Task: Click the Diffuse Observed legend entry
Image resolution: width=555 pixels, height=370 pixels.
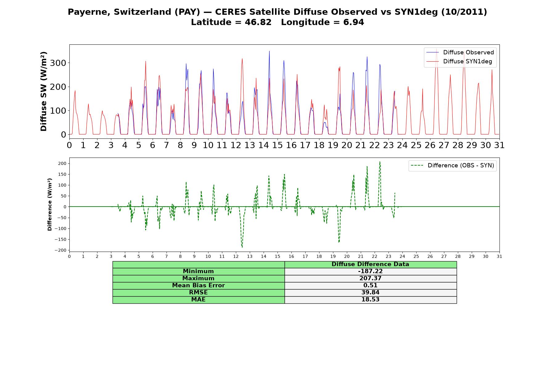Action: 460,52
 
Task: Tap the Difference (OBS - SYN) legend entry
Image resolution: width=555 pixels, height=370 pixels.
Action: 452,166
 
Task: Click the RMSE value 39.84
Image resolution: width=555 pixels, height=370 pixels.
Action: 370,293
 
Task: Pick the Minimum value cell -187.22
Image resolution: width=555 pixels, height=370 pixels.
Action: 370,271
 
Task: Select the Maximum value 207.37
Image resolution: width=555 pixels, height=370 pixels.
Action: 370,278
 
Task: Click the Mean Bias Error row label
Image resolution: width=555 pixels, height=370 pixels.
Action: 198,286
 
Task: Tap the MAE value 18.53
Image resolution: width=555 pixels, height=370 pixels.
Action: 370,300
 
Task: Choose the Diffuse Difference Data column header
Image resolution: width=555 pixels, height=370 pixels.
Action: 370,264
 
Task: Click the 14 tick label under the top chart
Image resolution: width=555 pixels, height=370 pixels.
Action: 263,145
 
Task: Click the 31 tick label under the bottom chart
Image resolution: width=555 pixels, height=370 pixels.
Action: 499,256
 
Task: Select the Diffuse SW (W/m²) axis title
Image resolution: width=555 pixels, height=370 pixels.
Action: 44,92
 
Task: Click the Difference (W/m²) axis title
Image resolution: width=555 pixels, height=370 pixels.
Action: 50,204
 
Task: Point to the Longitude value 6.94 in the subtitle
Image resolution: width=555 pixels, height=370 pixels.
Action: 354,22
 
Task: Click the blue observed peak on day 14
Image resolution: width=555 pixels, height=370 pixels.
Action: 269,51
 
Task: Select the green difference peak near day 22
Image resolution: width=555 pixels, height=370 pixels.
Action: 380,162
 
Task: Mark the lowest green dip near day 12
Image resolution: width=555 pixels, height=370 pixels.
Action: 242,247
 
